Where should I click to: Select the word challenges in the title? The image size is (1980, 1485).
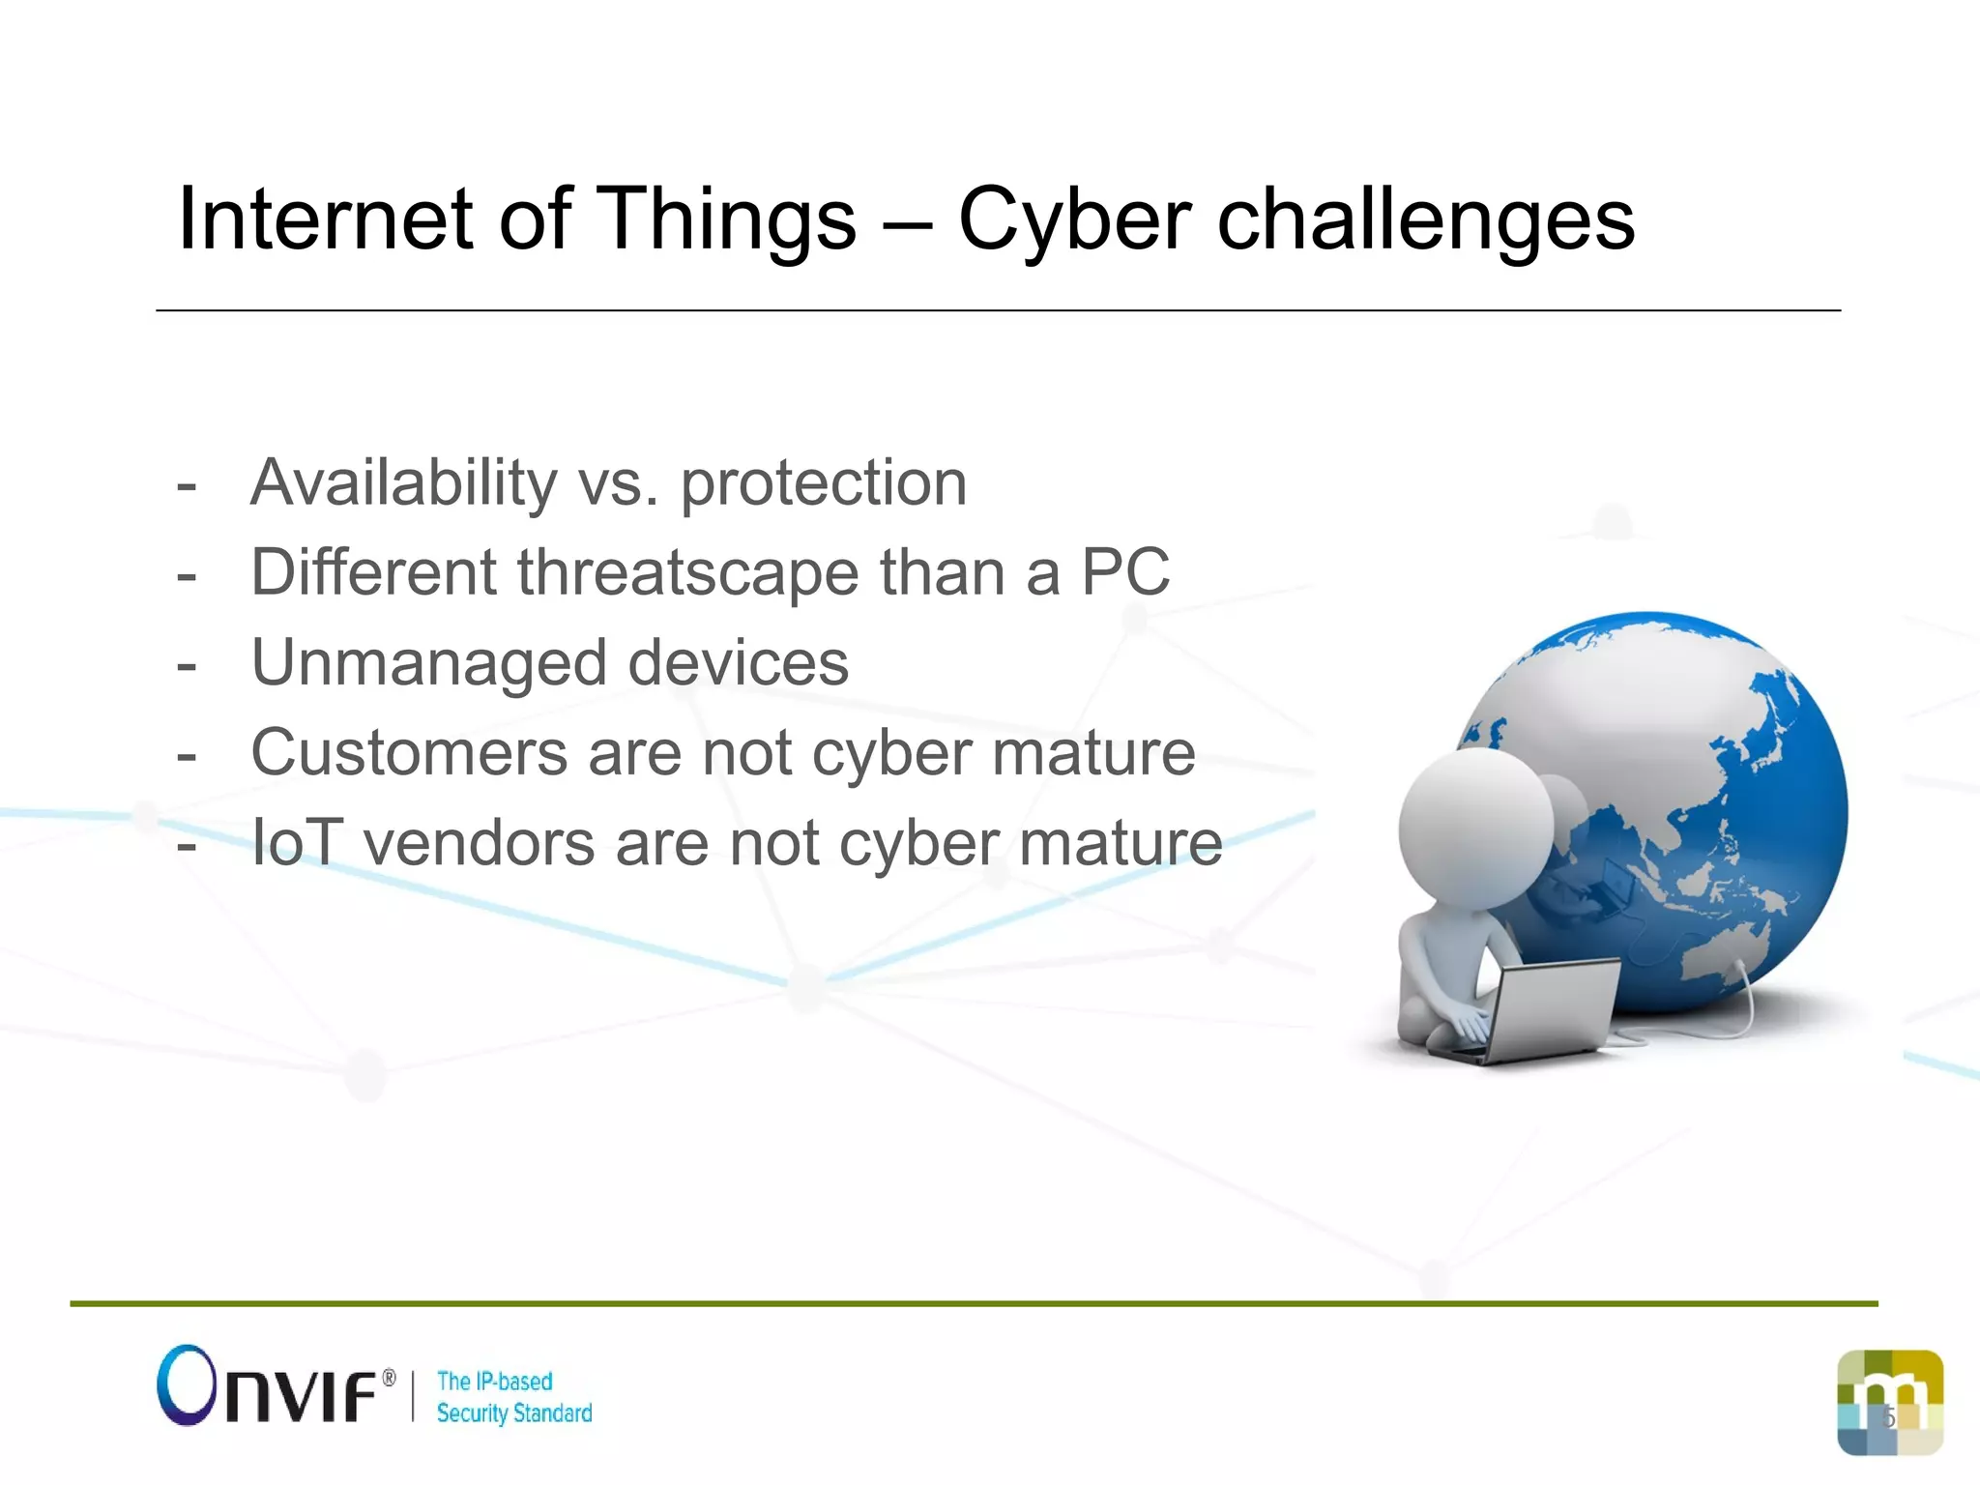[1425, 220]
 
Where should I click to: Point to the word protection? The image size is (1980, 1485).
[824, 484]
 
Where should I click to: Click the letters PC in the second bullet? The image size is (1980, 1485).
[1124, 572]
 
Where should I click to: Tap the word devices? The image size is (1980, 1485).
[739, 663]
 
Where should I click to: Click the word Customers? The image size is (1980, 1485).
[409, 753]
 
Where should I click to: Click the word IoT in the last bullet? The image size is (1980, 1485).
[296, 843]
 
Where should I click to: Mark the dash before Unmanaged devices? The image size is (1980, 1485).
[187, 666]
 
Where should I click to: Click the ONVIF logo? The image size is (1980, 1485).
[276, 1387]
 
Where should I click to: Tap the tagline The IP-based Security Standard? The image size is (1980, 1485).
[513, 1397]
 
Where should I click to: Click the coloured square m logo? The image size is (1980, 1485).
[1890, 1402]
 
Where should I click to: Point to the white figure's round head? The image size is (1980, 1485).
[1475, 827]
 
